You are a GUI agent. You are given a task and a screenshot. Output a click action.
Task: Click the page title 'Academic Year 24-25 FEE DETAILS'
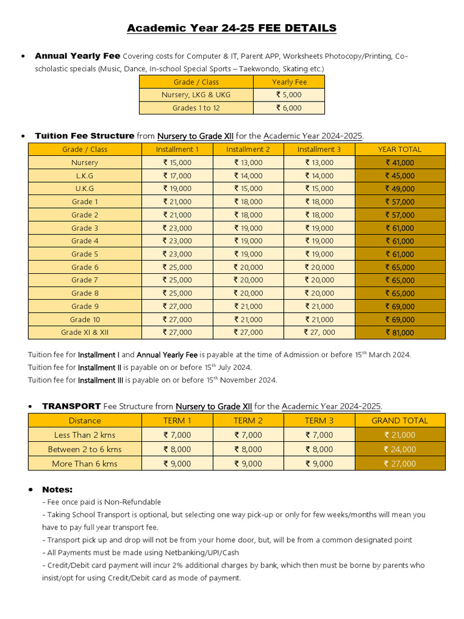coord(231,28)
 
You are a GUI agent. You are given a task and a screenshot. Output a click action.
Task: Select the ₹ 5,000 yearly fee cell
coord(289,95)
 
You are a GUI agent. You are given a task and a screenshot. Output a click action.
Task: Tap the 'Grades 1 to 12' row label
coord(196,108)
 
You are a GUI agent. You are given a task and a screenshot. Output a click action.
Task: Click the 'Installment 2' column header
coord(248,149)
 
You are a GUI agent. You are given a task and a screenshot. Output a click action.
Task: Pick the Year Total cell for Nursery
coord(400,163)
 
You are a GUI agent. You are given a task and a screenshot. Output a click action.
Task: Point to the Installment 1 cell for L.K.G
coord(177,176)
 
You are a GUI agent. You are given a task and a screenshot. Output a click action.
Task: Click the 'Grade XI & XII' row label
coord(85,332)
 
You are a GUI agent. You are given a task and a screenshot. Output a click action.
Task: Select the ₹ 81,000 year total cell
coord(400,332)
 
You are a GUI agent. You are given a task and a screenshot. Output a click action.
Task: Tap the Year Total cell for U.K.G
coord(400,189)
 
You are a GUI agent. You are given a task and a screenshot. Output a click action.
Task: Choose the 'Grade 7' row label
coord(85,280)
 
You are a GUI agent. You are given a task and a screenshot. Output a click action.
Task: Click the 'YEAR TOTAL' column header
coord(400,149)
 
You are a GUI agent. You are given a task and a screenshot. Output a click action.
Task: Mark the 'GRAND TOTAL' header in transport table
coord(400,421)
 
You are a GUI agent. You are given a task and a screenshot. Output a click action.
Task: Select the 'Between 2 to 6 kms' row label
coord(85,449)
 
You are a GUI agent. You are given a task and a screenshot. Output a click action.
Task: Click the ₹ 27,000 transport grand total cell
coord(400,464)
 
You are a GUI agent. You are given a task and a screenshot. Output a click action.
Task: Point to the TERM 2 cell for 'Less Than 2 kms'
coord(248,435)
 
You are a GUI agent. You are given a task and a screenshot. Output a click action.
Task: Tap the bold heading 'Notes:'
coord(57,489)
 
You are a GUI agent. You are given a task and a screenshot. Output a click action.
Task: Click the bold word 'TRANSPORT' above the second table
coord(71,406)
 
